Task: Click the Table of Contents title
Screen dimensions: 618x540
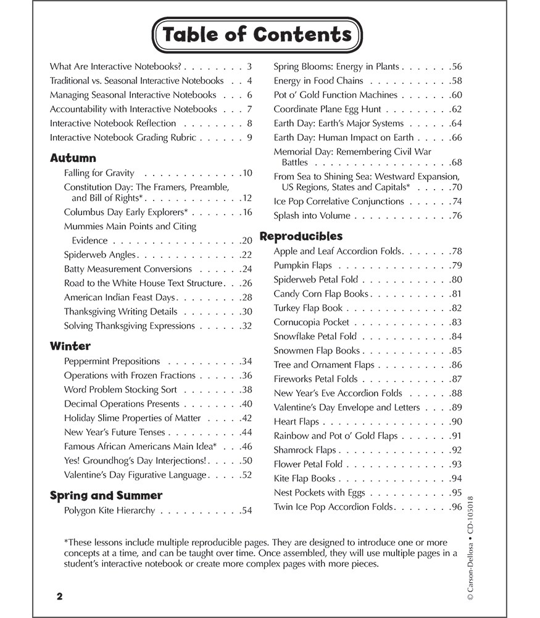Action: pos(257,35)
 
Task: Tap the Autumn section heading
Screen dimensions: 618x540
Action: pos(73,158)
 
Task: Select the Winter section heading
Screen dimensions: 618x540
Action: pos(70,346)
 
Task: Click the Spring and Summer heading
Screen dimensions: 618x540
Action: pos(106,495)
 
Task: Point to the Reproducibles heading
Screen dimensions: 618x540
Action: pos(301,236)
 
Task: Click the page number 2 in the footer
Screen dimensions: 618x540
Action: pos(59,596)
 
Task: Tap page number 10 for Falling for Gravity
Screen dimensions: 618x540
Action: pos(247,173)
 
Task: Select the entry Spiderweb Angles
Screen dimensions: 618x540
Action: pos(100,255)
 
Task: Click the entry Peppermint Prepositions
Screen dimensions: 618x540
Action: pos(112,361)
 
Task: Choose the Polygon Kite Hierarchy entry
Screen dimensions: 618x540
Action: pos(109,510)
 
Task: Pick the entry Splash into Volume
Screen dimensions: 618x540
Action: pos(312,216)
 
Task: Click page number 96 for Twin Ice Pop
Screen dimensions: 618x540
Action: pos(456,507)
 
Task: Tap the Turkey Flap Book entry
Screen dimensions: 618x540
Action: pos(308,308)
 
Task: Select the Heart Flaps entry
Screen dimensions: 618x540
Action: pos(296,421)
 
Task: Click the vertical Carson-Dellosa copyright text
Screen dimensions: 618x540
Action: pos(471,544)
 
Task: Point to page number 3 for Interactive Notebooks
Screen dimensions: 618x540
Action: pos(249,66)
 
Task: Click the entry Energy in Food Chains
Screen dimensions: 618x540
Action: pos(318,80)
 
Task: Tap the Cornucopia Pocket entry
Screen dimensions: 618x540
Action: pos(311,322)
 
